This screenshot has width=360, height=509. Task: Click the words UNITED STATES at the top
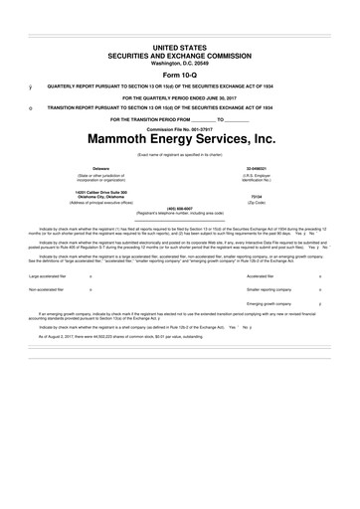[x=180, y=47]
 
